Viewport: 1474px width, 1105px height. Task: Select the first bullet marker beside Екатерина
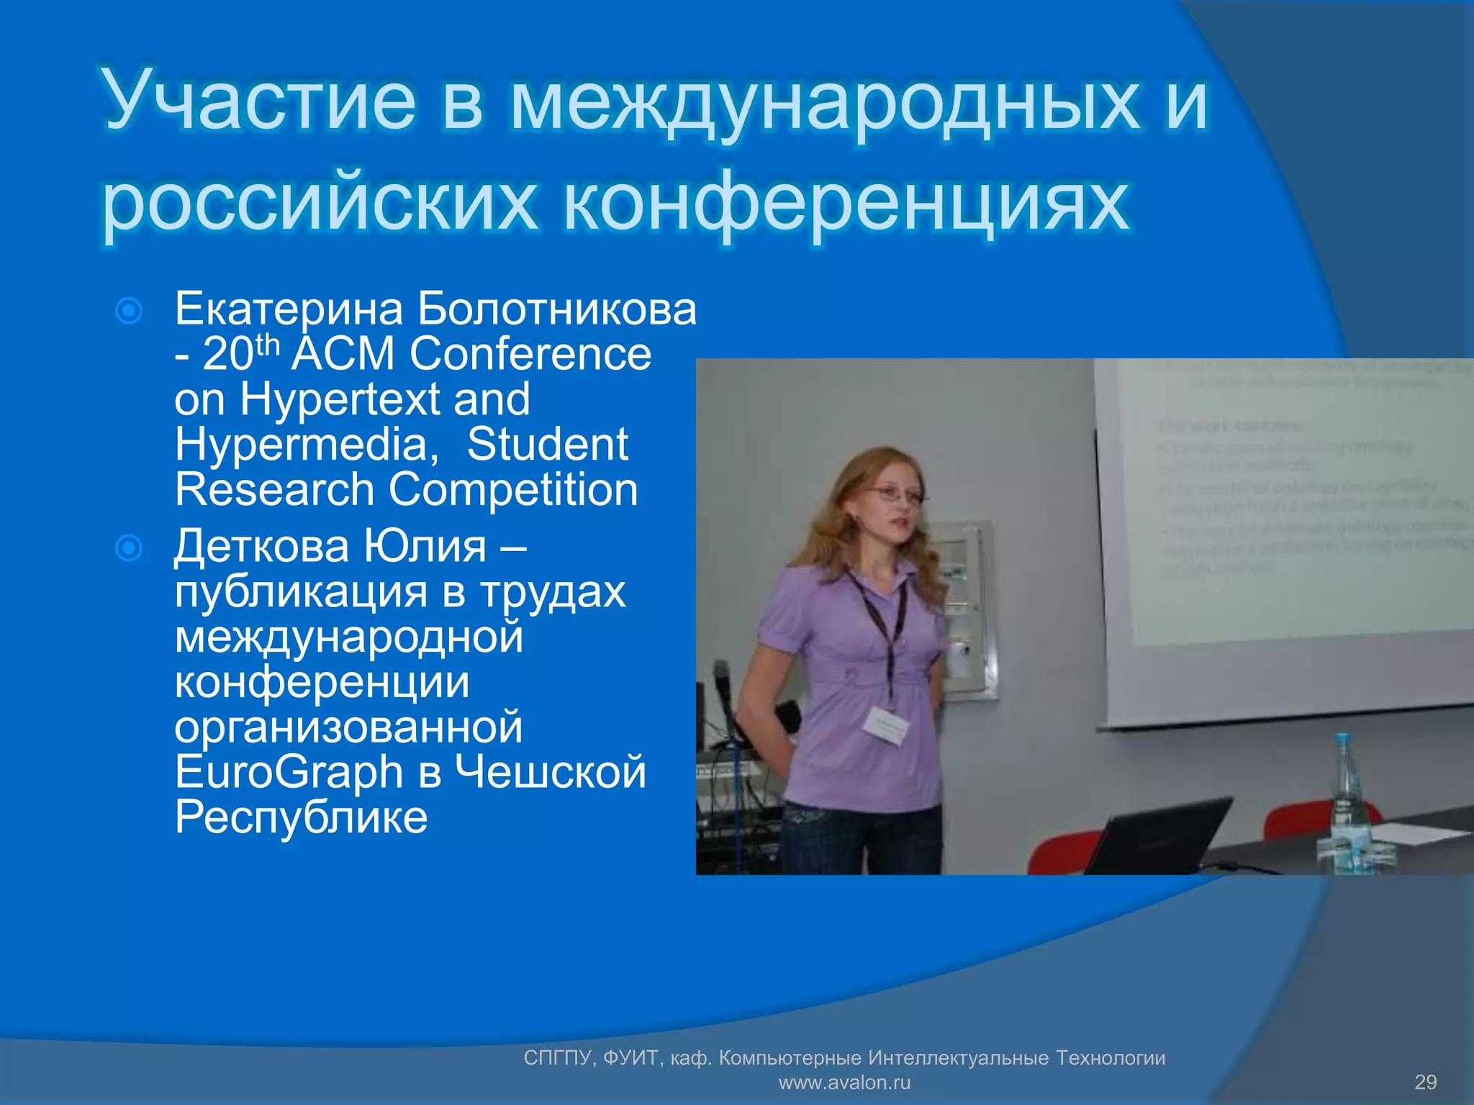point(129,312)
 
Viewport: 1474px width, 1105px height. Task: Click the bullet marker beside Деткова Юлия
point(129,548)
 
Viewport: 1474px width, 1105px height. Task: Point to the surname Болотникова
point(557,309)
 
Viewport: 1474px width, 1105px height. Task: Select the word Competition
point(513,490)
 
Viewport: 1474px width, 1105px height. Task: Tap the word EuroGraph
point(289,773)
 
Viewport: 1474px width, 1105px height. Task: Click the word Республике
point(301,818)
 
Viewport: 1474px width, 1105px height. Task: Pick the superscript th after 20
point(267,345)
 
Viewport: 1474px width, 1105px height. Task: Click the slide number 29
point(1425,1082)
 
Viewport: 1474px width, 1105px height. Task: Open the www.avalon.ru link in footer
point(844,1082)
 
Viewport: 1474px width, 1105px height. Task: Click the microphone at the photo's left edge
point(722,683)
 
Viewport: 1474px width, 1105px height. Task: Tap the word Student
point(547,445)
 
